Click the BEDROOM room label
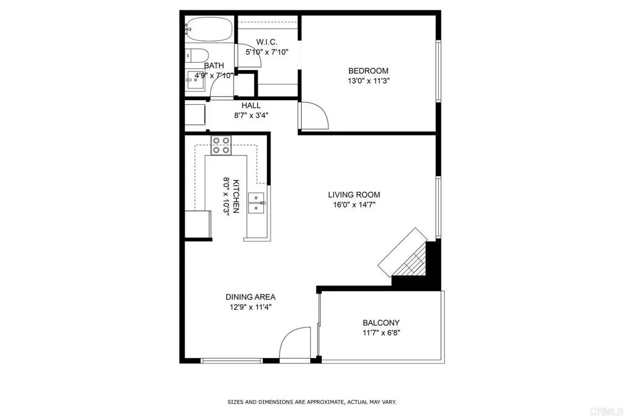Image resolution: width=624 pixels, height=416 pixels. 368,71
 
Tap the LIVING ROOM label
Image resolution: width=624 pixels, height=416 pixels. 354,195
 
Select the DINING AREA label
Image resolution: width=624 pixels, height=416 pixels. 250,297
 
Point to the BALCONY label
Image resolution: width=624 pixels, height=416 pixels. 381,323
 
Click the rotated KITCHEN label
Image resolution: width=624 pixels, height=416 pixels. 236,196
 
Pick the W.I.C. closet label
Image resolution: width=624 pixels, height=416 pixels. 267,42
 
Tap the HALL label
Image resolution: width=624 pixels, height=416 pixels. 251,106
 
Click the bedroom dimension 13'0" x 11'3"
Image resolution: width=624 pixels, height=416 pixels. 368,81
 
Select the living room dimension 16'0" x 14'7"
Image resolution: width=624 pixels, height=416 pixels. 354,205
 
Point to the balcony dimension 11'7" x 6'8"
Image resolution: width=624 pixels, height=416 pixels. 381,332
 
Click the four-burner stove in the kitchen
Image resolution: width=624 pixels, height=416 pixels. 221,145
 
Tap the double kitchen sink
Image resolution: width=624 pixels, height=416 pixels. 256,203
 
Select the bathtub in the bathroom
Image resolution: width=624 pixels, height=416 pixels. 208,29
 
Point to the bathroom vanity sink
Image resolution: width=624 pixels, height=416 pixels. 195,81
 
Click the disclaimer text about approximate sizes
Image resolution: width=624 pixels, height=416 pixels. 311,402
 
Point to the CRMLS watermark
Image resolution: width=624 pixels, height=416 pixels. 606,411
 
